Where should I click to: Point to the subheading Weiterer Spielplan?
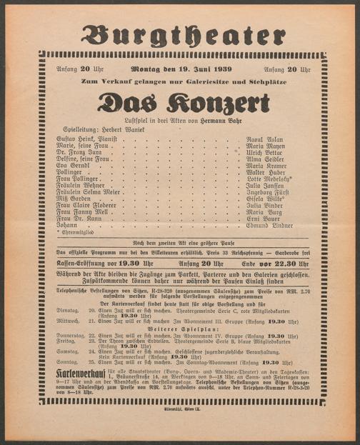point(183,329)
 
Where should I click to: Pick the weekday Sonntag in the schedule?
point(67,362)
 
